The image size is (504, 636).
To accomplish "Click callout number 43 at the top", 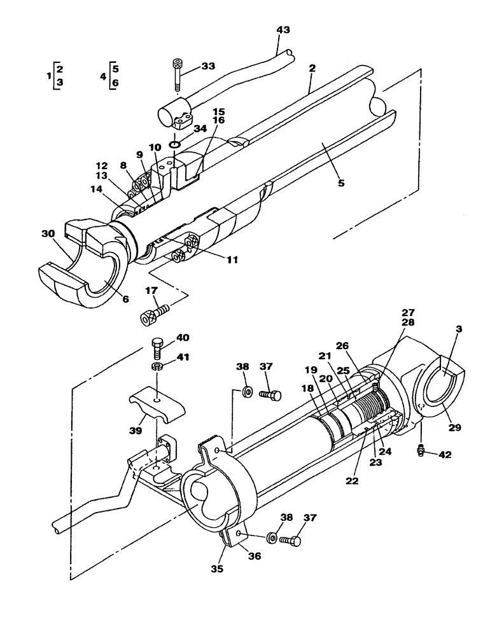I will coord(283,31).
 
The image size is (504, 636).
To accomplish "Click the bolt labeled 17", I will coord(155,314).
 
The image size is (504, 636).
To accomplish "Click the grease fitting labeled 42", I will coord(421,452).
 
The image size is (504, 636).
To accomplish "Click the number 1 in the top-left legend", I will coord(49,76).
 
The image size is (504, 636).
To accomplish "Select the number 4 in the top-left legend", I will coord(102,76).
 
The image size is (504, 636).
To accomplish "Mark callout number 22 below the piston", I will coord(351,481).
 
